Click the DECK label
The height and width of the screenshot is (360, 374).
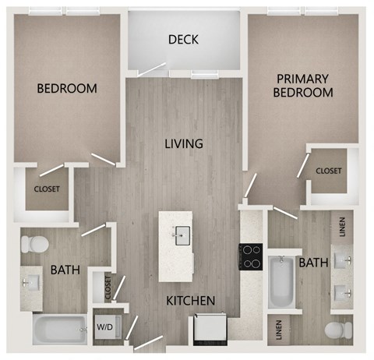(x=184, y=40)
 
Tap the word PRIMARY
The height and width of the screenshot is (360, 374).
(x=303, y=79)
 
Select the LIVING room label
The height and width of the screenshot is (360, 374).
(x=184, y=143)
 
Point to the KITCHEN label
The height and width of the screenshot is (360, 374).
(x=190, y=300)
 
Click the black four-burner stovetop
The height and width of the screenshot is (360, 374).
(x=252, y=255)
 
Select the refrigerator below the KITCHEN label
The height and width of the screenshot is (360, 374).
(x=210, y=328)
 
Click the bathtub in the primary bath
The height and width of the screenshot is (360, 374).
(x=281, y=283)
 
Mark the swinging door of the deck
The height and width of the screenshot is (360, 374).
(x=153, y=69)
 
